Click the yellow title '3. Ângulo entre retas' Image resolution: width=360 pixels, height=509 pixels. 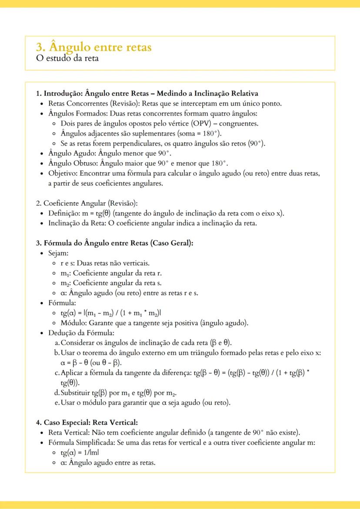pos(94,47)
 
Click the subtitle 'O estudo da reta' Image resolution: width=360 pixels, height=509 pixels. pos(67,58)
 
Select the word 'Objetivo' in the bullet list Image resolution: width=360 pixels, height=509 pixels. pos(62,173)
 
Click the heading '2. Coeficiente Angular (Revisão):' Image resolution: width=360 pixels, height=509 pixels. pos(87,203)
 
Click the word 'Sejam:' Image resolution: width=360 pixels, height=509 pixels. pos(59,253)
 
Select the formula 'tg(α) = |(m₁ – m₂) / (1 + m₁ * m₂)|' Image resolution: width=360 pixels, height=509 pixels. pos(111,313)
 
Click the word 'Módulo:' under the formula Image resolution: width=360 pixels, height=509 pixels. pos(73,323)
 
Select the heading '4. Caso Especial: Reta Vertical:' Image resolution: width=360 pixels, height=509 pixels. pos(87,423)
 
